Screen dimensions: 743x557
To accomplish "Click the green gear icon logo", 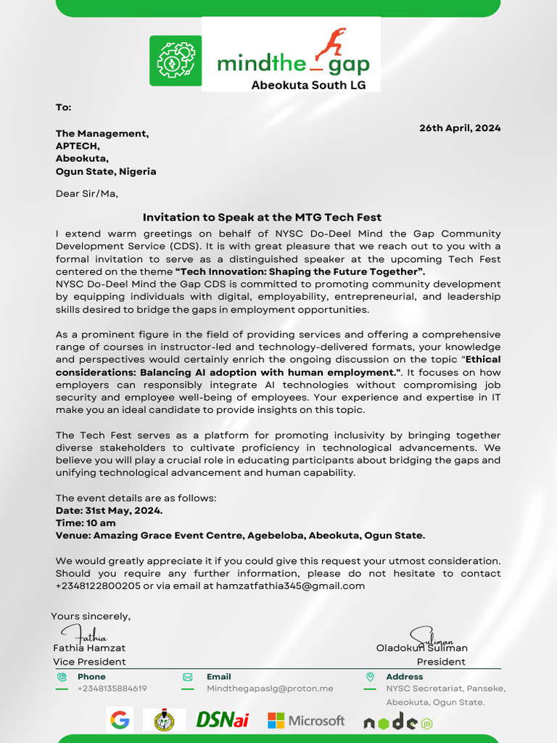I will coord(175,61).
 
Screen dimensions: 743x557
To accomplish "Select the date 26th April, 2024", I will coord(460,128).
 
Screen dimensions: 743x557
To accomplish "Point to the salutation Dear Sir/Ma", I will coord(86,194).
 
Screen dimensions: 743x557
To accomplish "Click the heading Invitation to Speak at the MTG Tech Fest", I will coord(262,217).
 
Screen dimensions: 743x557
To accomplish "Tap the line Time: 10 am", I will coord(86,522).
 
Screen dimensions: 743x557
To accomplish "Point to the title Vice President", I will coord(89,662).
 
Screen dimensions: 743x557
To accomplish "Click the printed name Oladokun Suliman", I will coord(421,647).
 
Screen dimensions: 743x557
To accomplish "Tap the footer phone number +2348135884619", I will coord(112,689).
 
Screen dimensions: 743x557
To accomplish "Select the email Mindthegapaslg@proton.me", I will coord(270,689).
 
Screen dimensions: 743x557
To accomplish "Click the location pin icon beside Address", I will coord(370,676).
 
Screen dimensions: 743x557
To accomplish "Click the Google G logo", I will coord(120,721).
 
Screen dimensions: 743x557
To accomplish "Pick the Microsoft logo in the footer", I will coord(306,721).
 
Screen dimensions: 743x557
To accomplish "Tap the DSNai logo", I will coord(223,721).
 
